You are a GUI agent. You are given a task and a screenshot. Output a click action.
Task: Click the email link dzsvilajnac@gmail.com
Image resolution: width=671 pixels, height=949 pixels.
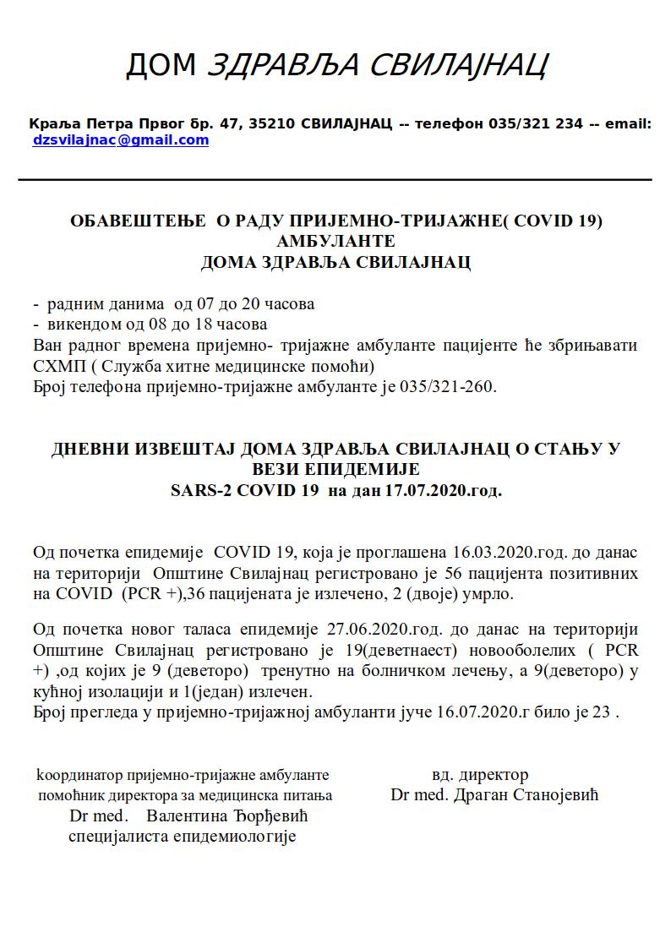[120, 140]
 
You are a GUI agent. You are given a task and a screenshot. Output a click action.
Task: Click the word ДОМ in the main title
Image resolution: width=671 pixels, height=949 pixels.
[161, 65]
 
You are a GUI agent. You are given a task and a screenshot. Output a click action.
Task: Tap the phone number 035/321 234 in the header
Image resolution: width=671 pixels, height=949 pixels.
[536, 123]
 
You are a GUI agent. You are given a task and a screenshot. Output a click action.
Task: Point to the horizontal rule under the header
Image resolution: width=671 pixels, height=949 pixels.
[335, 180]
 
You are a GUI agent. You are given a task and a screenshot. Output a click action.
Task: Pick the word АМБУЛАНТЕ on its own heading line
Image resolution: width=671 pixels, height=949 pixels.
[335, 242]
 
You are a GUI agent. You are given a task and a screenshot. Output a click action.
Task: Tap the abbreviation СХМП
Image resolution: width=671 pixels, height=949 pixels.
[55, 367]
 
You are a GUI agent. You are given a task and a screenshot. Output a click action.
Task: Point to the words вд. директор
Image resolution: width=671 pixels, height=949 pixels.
[480, 774]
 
